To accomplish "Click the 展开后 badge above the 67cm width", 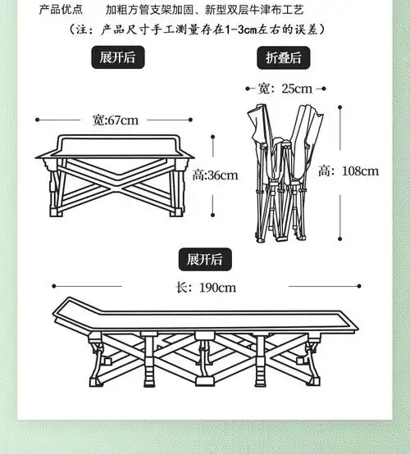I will [117, 59].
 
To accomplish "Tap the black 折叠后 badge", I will [285, 57].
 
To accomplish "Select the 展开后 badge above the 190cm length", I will [205, 260].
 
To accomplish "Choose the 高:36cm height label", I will [215, 175].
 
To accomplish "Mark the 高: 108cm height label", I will [348, 171].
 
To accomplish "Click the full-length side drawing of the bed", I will [205, 344].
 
